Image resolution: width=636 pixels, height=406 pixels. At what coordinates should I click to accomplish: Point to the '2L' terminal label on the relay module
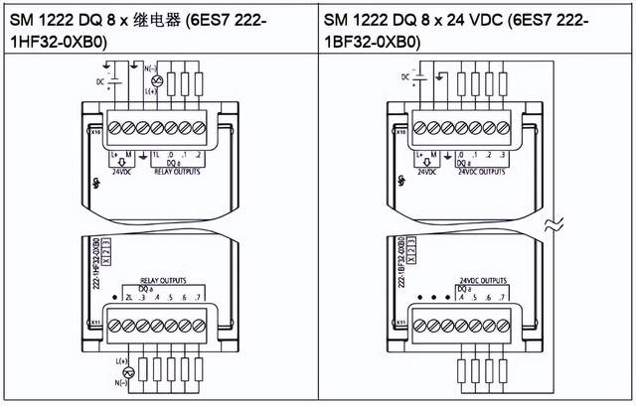(x=129, y=298)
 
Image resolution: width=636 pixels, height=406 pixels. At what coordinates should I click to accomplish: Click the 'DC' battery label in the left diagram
(x=99, y=78)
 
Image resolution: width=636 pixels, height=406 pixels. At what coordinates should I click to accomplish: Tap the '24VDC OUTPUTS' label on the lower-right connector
(x=484, y=280)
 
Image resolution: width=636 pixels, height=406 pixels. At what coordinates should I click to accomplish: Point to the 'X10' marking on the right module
(x=400, y=130)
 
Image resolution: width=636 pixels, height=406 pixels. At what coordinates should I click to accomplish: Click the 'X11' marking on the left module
(x=95, y=324)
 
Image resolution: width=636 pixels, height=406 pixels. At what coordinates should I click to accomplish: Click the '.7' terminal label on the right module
(x=505, y=298)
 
